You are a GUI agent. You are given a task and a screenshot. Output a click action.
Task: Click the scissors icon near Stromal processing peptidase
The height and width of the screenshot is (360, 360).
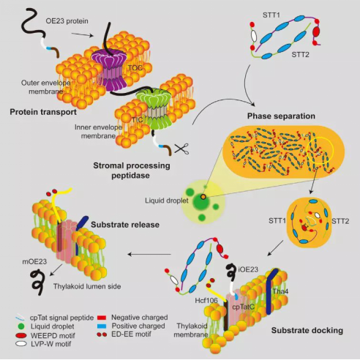point(182,149)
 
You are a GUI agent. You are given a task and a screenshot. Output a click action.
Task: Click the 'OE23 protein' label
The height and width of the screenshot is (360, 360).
point(67,21)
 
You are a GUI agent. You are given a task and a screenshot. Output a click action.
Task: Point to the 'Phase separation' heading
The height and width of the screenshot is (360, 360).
point(281,116)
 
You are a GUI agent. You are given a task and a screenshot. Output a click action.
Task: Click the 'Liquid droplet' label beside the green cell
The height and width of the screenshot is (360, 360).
point(167,200)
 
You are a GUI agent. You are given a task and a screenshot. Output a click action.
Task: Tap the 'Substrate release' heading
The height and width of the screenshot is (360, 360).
point(125,225)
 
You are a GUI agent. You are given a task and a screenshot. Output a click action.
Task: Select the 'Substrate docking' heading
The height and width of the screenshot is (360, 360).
point(307,331)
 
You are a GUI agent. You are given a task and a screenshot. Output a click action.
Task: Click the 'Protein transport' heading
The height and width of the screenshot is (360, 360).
point(43,112)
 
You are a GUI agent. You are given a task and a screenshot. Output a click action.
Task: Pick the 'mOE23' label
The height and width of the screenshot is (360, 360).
point(34,262)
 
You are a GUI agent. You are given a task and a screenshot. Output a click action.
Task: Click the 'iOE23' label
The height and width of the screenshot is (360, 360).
point(248,269)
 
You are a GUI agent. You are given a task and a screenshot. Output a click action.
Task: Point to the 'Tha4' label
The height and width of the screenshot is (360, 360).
point(280,291)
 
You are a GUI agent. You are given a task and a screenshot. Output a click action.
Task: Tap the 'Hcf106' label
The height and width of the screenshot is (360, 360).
point(206,301)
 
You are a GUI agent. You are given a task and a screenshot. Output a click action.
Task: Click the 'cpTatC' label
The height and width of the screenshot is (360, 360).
point(244,307)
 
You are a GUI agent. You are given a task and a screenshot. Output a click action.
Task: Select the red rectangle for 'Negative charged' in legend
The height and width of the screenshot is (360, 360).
point(102,318)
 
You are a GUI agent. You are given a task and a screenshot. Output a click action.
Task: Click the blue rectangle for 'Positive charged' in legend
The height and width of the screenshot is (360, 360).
point(102,326)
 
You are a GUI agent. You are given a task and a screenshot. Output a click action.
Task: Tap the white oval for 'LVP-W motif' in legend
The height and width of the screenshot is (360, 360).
point(21,344)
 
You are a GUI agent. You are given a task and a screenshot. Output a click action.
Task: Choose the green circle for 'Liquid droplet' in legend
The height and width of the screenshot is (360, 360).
point(21,326)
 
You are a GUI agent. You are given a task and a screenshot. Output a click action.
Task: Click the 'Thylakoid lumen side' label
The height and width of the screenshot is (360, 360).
point(87,286)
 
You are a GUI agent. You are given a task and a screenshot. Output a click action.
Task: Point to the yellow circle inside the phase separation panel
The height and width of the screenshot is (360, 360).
point(320,149)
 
